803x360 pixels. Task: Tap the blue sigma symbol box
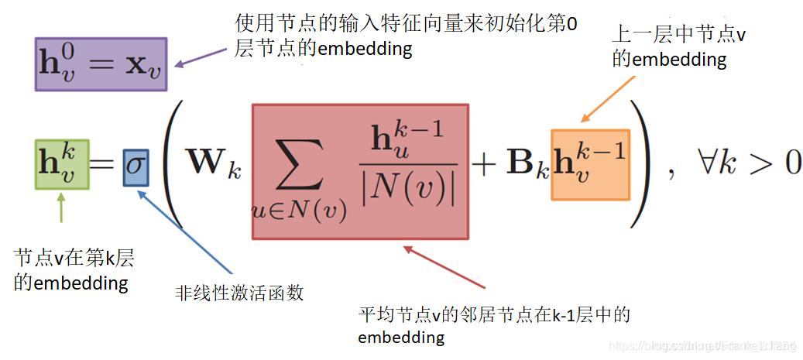click(136, 166)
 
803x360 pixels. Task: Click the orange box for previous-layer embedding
click(590, 165)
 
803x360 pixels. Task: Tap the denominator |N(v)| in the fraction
click(408, 188)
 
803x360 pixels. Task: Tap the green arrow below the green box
click(63, 209)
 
